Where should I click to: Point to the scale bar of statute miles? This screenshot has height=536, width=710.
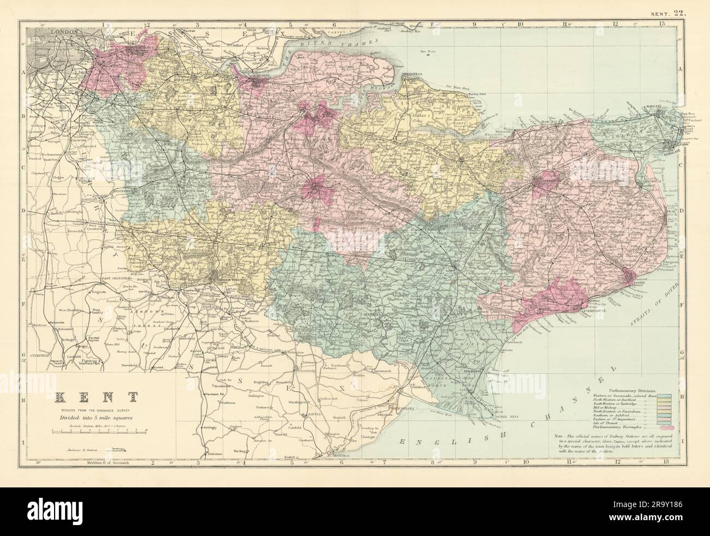[x=98, y=431]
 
